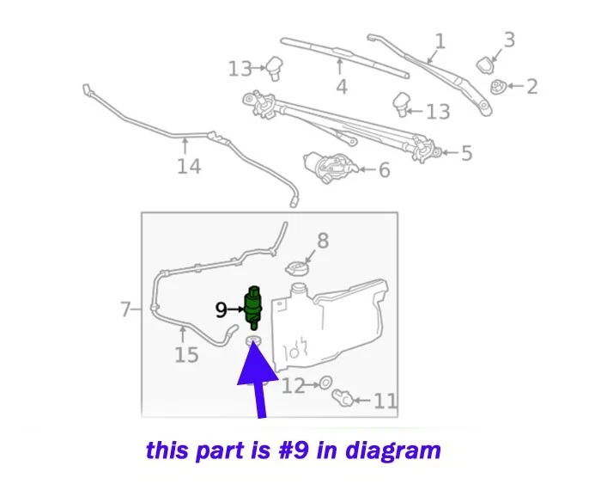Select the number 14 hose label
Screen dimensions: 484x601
click(189, 166)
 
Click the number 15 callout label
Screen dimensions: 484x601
click(186, 354)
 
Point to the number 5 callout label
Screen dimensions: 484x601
click(466, 154)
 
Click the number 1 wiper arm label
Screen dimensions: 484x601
click(440, 41)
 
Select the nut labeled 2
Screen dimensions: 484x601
click(497, 86)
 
